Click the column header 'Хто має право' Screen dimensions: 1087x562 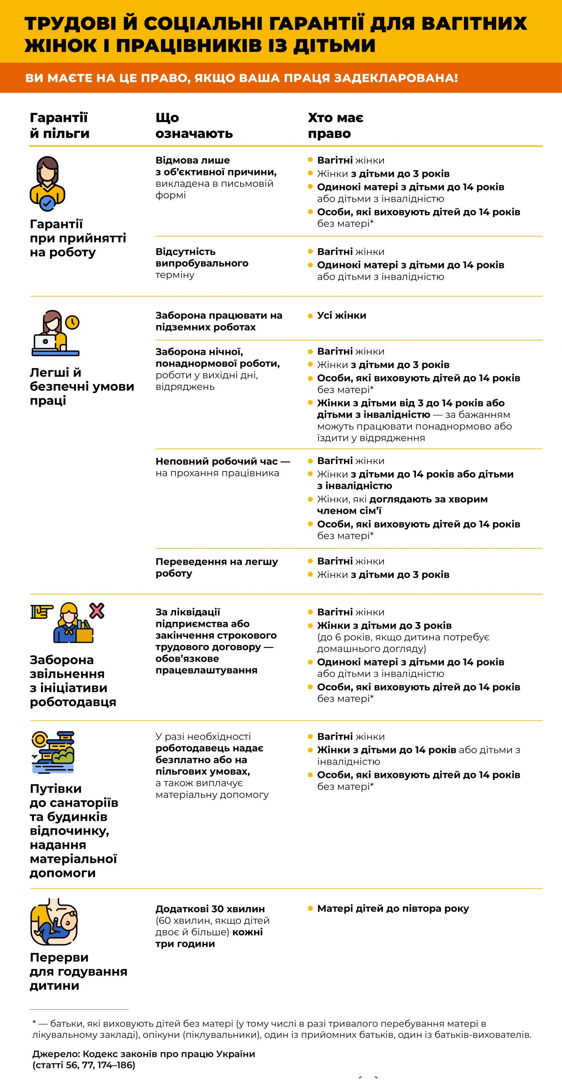[336, 125]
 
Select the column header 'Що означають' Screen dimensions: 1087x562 [194, 125]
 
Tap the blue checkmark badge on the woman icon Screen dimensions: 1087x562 [47, 204]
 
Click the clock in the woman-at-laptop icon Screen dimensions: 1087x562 [73, 322]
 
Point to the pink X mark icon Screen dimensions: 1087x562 [97, 611]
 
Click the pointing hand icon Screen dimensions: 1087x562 [42, 611]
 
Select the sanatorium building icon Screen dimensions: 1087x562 [53, 752]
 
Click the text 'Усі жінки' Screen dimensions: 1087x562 [341, 315]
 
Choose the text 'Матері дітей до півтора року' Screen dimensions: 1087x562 [393, 909]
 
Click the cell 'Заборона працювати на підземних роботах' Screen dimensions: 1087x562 [218, 321]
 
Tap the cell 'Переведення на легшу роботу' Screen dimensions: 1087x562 [216, 567]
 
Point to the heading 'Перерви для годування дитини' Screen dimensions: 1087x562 [78, 971]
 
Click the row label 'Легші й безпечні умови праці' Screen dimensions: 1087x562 [81, 386]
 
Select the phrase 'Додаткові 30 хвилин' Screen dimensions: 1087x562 [210, 909]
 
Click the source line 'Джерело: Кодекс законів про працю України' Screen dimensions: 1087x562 [144, 1054]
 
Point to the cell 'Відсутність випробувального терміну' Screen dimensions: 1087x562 [202, 263]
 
